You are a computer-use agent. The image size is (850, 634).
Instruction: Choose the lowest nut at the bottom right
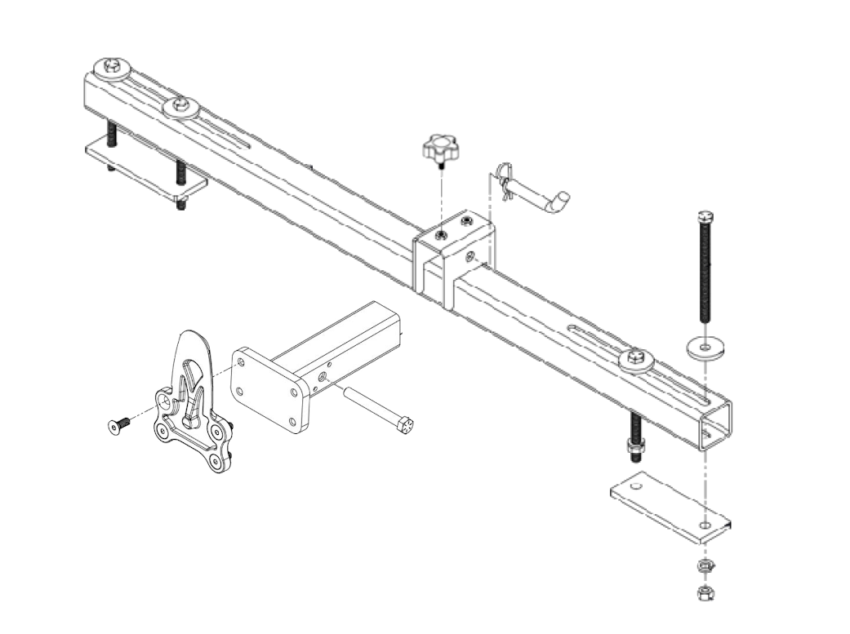tap(701, 594)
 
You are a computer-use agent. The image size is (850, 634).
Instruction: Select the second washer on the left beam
tap(180, 106)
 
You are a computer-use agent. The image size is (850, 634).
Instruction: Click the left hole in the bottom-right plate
tap(640, 488)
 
